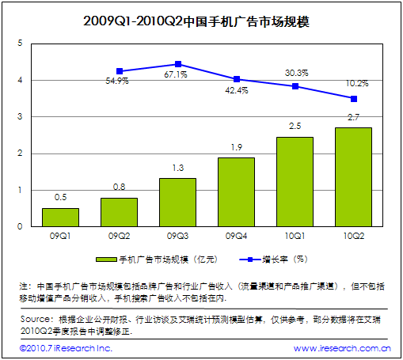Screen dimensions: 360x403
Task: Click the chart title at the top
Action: tap(201, 21)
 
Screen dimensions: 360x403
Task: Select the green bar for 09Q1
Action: tap(60, 218)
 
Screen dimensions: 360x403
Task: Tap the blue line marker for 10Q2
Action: tap(353, 99)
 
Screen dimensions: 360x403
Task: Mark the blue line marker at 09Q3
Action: tap(178, 64)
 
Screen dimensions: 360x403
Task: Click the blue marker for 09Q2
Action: tap(120, 71)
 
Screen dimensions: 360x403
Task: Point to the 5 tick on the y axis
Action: tap(19, 44)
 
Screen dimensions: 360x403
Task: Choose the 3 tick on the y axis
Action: tap(19, 117)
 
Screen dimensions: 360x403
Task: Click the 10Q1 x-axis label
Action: tap(295, 236)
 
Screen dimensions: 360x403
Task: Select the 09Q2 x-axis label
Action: tap(119, 236)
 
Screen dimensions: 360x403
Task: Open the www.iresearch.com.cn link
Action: tap(341, 348)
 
